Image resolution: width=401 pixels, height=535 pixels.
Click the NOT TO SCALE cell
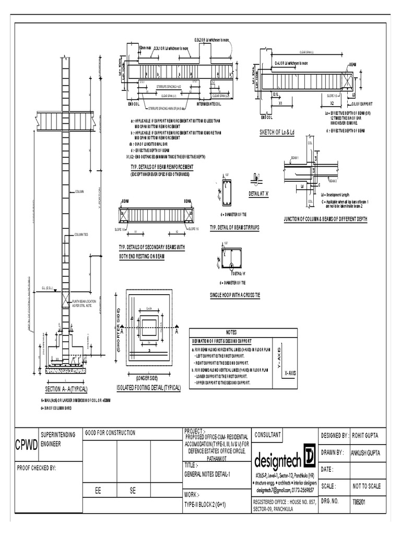tap(367, 486)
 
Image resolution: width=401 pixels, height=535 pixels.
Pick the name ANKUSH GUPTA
tap(370, 452)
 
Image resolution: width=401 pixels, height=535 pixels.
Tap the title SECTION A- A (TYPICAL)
tap(66, 390)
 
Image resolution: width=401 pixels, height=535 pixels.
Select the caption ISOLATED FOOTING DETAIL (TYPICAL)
tap(148, 388)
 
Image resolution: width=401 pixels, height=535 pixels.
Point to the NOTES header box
tap(231, 332)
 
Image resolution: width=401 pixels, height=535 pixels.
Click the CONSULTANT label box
tap(268, 435)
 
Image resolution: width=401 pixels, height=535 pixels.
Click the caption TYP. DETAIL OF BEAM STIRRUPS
tap(234, 228)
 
